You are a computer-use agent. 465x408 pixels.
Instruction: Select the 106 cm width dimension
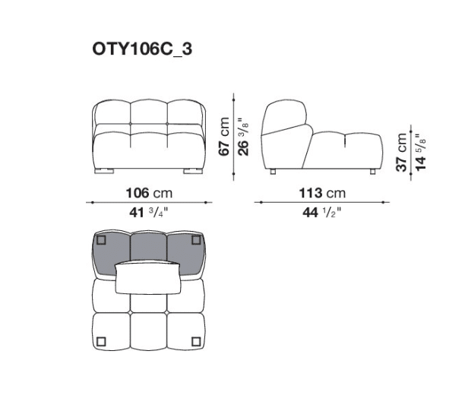[149, 192]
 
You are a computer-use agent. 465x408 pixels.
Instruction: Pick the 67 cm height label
[224, 136]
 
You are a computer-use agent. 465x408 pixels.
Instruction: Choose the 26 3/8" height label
[241, 136]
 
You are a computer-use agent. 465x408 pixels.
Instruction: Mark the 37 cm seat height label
[402, 153]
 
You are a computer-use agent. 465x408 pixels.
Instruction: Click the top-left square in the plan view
[102, 240]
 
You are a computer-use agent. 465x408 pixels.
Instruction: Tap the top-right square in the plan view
[196, 240]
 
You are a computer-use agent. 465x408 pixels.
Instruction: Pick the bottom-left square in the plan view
[102, 339]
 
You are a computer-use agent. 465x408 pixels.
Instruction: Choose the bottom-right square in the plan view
[196, 339]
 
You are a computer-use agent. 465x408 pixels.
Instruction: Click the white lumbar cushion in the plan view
[149, 277]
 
